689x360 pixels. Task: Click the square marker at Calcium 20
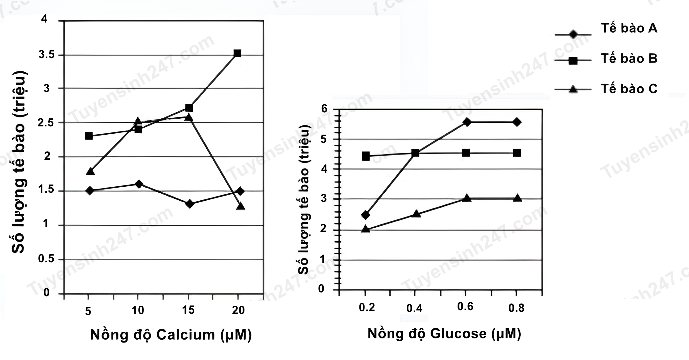click(237, 53)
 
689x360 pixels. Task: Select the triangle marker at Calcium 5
click(90, 172)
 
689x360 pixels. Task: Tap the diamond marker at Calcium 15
click(190, 204)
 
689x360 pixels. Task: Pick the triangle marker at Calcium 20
click(240, 206)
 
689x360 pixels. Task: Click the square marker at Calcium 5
click(89, 136)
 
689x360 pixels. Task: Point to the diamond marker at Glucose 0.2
click(365, 215)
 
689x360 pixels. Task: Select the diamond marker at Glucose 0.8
click(517, 122)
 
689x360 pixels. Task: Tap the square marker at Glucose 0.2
click(366, 156)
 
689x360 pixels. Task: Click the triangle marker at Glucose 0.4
click(416, 214)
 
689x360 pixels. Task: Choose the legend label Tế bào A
click(629, 29)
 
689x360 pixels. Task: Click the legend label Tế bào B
click(629, 59)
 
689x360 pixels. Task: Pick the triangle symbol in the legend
click(573, 89)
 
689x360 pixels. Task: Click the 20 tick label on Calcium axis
click(238, 310)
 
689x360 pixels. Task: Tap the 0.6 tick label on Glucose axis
click(465, 307)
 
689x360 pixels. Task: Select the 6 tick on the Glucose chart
click(324, 109)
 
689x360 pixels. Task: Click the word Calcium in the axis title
click(186, 335)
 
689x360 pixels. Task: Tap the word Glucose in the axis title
click(458, 334)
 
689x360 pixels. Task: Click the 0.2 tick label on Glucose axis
click(367, 308)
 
